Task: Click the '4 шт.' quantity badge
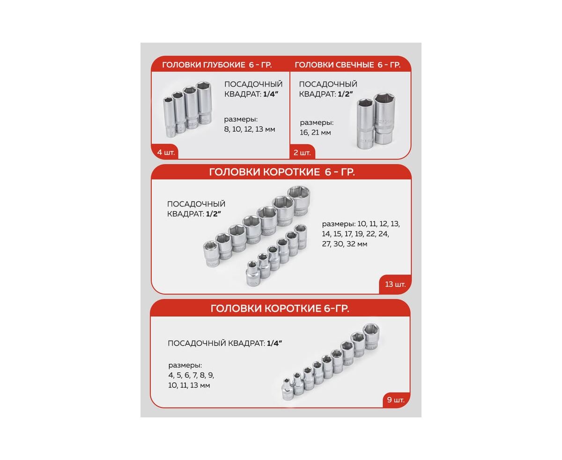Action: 165,152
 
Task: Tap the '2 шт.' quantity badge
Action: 302,152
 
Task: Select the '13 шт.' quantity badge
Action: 395,284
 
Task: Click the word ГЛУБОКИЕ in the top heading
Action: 224,65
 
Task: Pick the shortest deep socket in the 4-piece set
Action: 169,117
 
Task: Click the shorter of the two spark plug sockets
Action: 366,123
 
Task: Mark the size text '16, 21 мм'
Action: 315,133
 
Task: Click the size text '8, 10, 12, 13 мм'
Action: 250,129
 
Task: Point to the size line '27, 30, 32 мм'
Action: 345,244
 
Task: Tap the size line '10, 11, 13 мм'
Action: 189,386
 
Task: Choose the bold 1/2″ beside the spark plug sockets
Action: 345,94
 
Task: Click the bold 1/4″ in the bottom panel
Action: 274,343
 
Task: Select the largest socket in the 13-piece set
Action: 299,200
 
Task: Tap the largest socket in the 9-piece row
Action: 371,337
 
